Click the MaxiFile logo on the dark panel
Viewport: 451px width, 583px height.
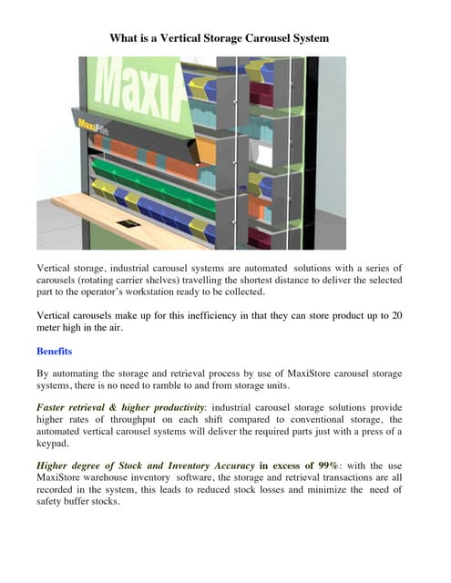point(91,124)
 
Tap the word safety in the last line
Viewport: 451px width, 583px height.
point(53,500)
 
